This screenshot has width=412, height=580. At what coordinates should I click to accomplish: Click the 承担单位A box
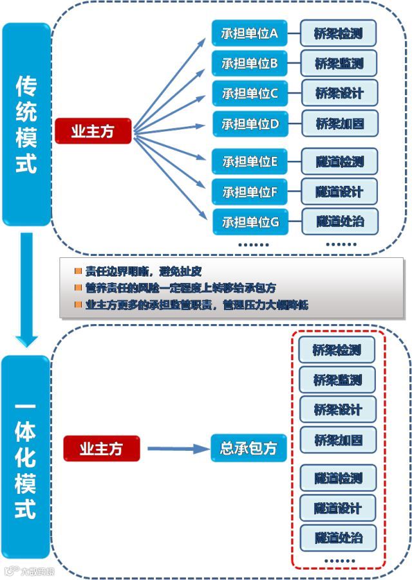point(250,33)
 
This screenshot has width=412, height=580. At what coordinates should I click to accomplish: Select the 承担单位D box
point(250,124)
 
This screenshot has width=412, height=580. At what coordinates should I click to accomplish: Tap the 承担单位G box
point(250,222)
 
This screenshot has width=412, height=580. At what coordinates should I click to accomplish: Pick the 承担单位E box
point(250,162)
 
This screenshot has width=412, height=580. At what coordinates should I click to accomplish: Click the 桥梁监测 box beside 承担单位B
point(339,63)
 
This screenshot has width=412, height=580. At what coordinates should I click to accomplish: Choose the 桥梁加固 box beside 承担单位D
point(339,123)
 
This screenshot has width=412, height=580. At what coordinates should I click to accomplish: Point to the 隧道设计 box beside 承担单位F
point(339,192)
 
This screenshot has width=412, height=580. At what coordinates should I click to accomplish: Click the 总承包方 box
point(248,448)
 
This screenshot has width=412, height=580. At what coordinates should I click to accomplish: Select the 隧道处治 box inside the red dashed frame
point(338,538)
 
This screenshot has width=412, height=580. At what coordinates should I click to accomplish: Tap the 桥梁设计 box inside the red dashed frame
point(338,410)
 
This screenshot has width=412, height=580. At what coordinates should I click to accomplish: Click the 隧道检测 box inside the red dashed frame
point(338,478)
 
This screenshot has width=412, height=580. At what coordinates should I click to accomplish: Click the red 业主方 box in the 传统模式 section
point(93,131)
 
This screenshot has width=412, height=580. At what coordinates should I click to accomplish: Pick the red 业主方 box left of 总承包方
point(101,448)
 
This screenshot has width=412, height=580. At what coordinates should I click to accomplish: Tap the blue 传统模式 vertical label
point(26,125)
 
